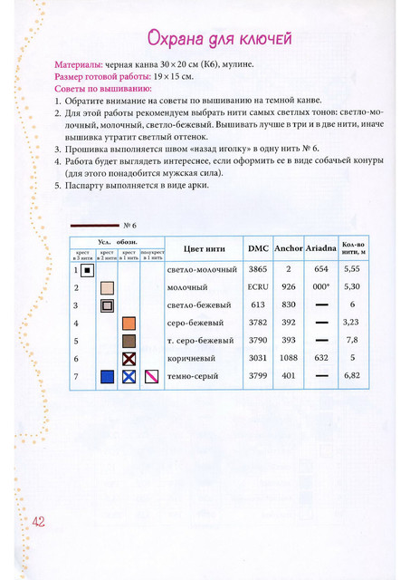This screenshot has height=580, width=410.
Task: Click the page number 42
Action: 38,521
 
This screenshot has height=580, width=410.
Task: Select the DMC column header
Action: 258,247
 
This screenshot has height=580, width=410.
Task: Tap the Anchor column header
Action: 289,247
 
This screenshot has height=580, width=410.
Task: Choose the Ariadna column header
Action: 321,247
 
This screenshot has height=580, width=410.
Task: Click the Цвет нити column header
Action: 204,247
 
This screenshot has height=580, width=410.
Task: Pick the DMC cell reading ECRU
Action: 258,286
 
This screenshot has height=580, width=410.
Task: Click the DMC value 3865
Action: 258,269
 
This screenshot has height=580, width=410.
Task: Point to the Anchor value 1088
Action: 289,357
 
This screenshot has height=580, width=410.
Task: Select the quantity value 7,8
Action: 353,340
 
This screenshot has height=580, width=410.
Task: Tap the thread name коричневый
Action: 193,357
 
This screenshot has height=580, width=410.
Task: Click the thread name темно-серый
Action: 194,375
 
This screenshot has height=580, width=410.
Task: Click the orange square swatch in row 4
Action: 129,323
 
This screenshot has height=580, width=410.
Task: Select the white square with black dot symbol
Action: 85,270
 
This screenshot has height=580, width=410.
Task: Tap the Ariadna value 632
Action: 321,357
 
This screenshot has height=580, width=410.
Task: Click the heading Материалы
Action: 80,66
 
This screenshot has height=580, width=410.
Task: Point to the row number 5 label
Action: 76,340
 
